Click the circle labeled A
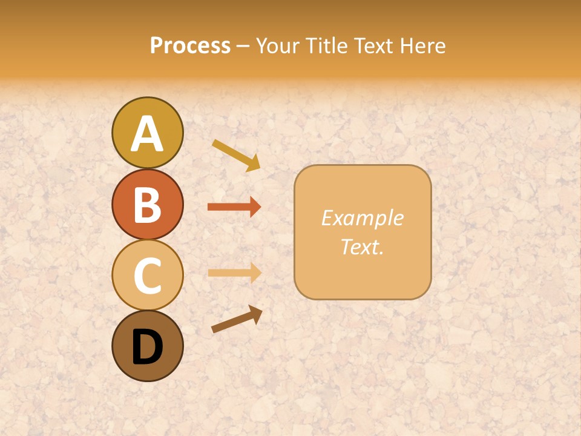click(x=147, y=133)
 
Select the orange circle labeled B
click(x=147, y=204)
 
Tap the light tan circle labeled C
click(x=147, y=275)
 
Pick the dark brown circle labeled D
click(x=147, y=346)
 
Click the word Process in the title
click(x=190, y=45)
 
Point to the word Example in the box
click(x=362, y=218)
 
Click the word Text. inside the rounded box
click(x=362, y=246)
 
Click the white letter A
click(x=147, y=134)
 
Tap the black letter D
click(x=147, y=347)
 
